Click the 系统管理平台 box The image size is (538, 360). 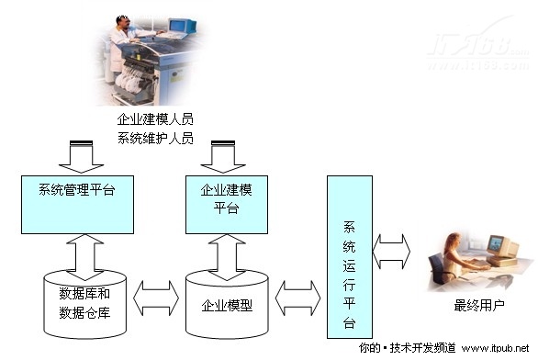click(x=77, y=203)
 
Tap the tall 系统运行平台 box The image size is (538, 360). click(x=350, y=256)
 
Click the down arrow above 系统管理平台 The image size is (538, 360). click(x=77, y=156)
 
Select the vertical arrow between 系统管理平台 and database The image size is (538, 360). click(x=78, y=254)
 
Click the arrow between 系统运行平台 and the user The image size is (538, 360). click(x=392, y=251)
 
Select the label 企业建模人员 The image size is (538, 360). click(x=155, y=120)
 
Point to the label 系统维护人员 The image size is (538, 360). click(x=155, y=138)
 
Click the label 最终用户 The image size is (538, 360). click(x=478, y=305)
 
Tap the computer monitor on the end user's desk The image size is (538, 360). click(x=497, y=245)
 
